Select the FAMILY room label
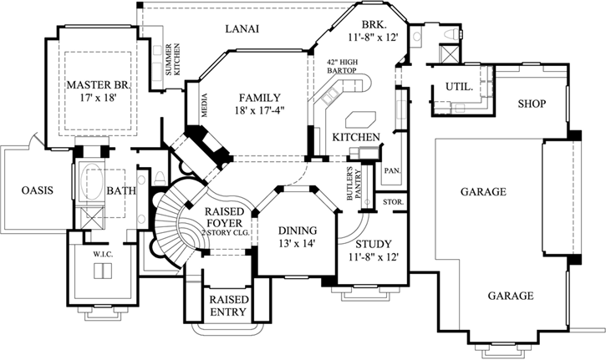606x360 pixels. pos(259,98)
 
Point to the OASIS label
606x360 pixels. pos(37,190)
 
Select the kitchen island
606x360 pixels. pos(365,114)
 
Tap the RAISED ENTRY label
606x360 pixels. pos(227,306)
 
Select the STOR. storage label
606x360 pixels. pos(393,202)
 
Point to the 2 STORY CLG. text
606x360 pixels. pos(225,233)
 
